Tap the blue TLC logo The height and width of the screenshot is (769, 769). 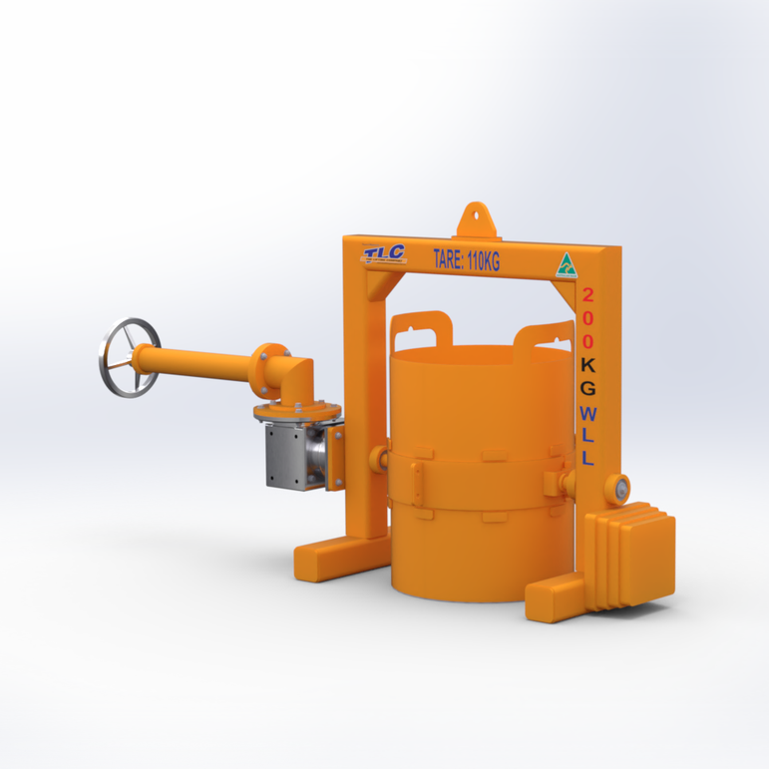(385, 253)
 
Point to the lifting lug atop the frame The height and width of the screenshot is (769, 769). (476, 217)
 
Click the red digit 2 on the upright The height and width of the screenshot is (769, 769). (588, 295)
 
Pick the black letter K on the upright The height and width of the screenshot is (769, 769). (588, 364)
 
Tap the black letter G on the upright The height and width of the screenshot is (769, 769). (588, 387)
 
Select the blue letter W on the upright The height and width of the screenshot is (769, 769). (588, 413)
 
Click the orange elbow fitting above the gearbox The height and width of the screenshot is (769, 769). (290, 374)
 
